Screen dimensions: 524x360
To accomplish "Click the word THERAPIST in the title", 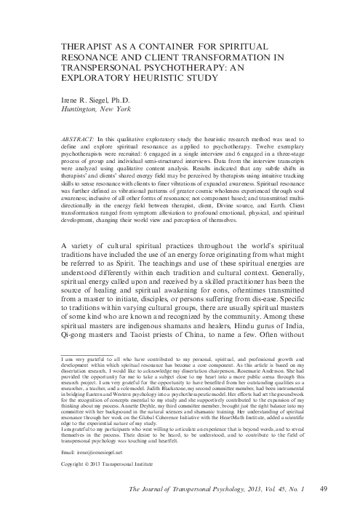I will point(83,44).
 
